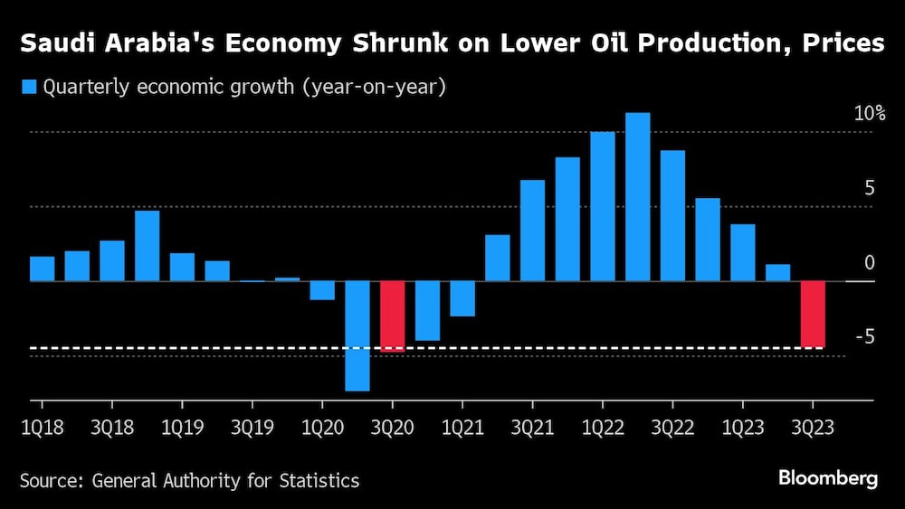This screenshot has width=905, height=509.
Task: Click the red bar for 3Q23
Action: [812, 314]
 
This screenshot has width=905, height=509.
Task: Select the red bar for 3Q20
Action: [392, 316]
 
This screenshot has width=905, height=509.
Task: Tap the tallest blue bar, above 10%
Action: [637, 197]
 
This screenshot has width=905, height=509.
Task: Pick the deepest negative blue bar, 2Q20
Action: [357, 335]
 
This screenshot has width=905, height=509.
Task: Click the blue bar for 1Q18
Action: [43, 269]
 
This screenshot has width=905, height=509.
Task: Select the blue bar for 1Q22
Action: [602, 206]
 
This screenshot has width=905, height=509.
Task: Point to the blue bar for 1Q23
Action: [742, 252]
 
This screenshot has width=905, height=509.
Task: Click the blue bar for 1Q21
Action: [462, 298]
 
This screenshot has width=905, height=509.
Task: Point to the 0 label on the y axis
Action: [870, 263]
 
